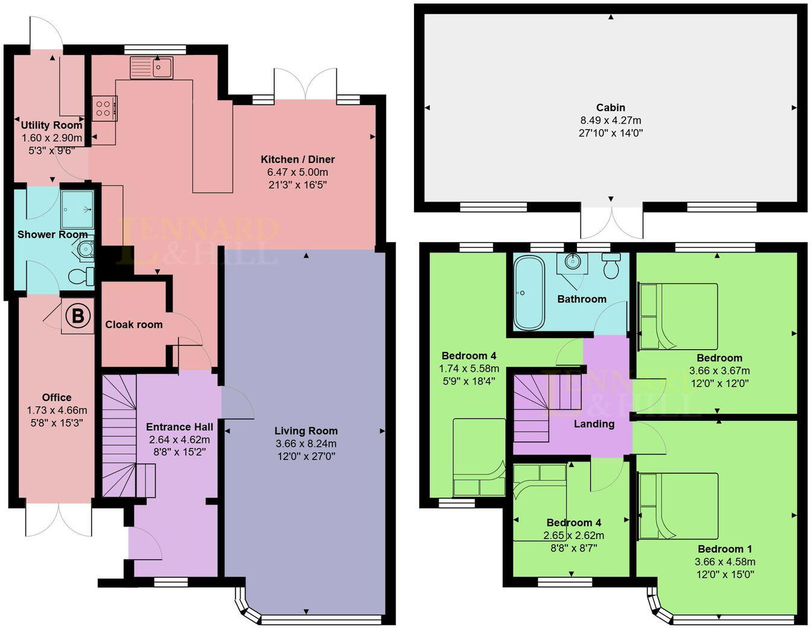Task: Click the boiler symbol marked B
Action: (x=78, y=316)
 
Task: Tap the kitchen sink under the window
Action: (x=151, y=68)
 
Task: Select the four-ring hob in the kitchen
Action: (x=104, y=108)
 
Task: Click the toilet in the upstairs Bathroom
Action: (x=611, y=266)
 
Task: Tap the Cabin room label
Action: (x=611, y=107)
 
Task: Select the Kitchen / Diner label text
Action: (x=297, y=159)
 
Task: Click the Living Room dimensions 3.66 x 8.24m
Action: (x=306, y=444)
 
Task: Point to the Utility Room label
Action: (x=51, y=126)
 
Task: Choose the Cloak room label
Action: (x=134, y=324)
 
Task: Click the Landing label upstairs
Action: (x=594, y=424)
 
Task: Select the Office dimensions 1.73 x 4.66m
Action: (x=57, y=410)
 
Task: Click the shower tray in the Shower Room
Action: (x=77, y=208)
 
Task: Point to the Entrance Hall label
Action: (x=179, y=427)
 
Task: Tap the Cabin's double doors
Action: (x=611, y=222)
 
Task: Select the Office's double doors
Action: (x=59, y=519)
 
